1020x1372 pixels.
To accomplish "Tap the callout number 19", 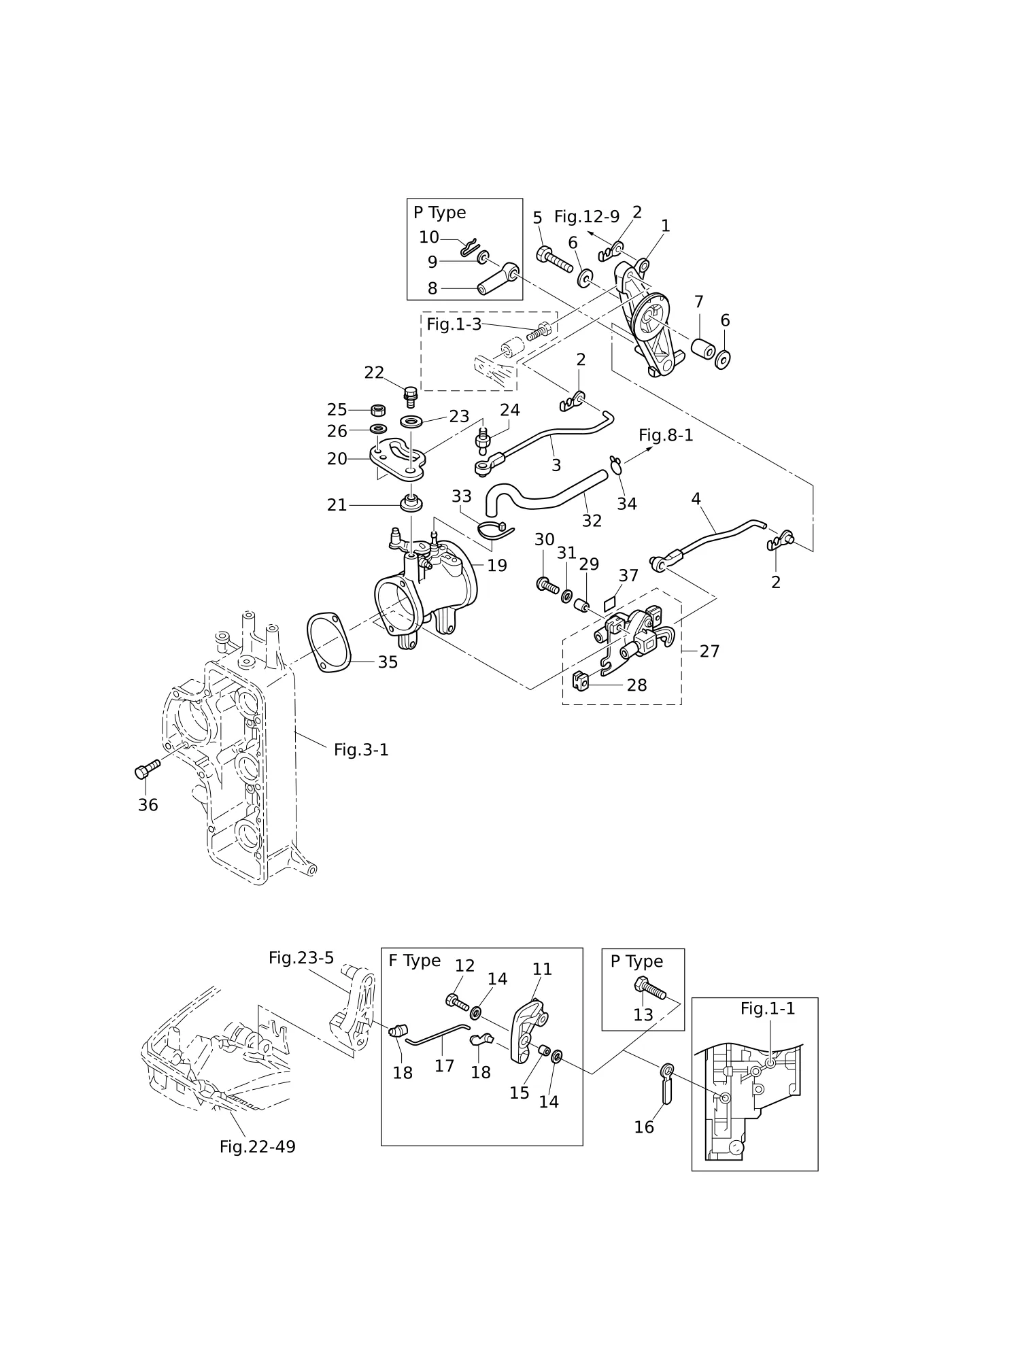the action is (497, 566).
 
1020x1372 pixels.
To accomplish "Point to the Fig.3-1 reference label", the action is (361, 750).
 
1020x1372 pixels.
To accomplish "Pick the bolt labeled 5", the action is (554, 260).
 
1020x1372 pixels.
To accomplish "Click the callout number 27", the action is (709, 651).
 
